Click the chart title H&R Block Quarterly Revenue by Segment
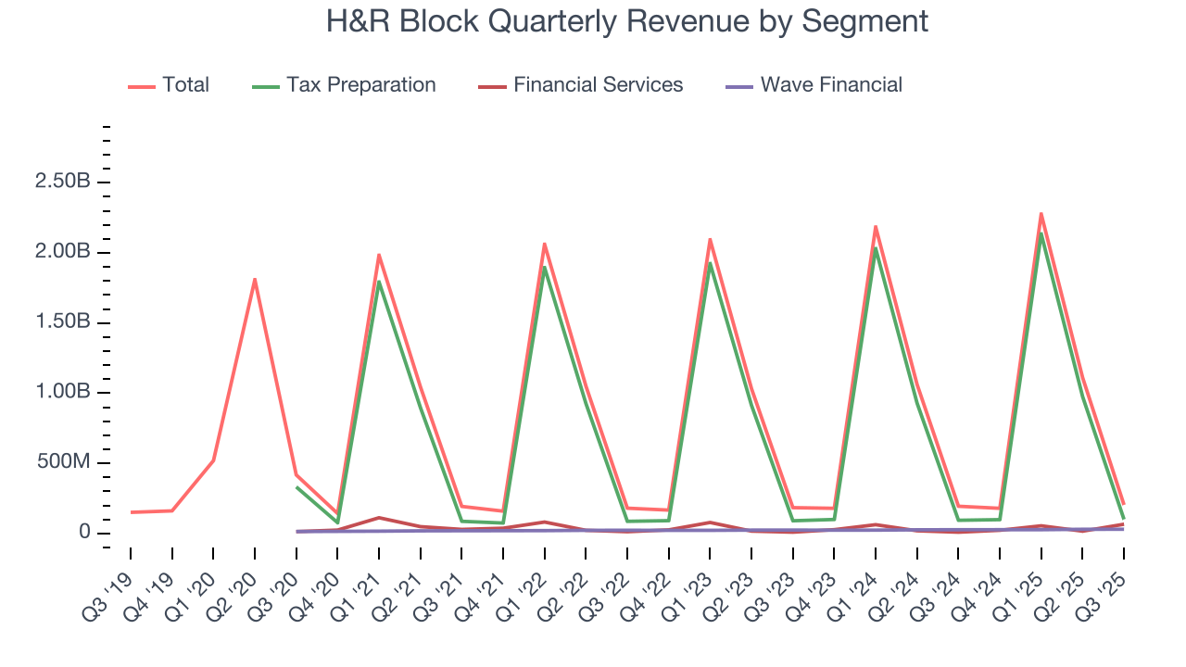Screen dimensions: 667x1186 (x=626, y=20)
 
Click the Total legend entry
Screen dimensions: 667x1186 (x=185, y=85)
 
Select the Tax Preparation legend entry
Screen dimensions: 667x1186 (x=360, y=85)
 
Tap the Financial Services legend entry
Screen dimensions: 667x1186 (x=598, y=85)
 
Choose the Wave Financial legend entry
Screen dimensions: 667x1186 (x=830, y=85)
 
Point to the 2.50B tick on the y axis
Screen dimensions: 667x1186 (x=63, y=182)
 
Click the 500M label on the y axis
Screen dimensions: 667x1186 (x=63, y=463)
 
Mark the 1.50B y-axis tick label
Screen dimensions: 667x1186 (x=63, y=322)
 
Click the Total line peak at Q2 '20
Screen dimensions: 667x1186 (x=255, y=279)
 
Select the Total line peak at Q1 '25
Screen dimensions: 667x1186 (x=1041, y=213)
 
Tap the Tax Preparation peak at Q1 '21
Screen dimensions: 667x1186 (x=379, y=282)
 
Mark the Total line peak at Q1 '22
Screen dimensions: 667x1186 (x=545, y=244)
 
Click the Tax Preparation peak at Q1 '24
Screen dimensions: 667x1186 (x=876, y=248)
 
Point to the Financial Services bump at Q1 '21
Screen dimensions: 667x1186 (x=379, y=517)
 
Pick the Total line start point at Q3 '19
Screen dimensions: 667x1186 (x=131, y=512)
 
